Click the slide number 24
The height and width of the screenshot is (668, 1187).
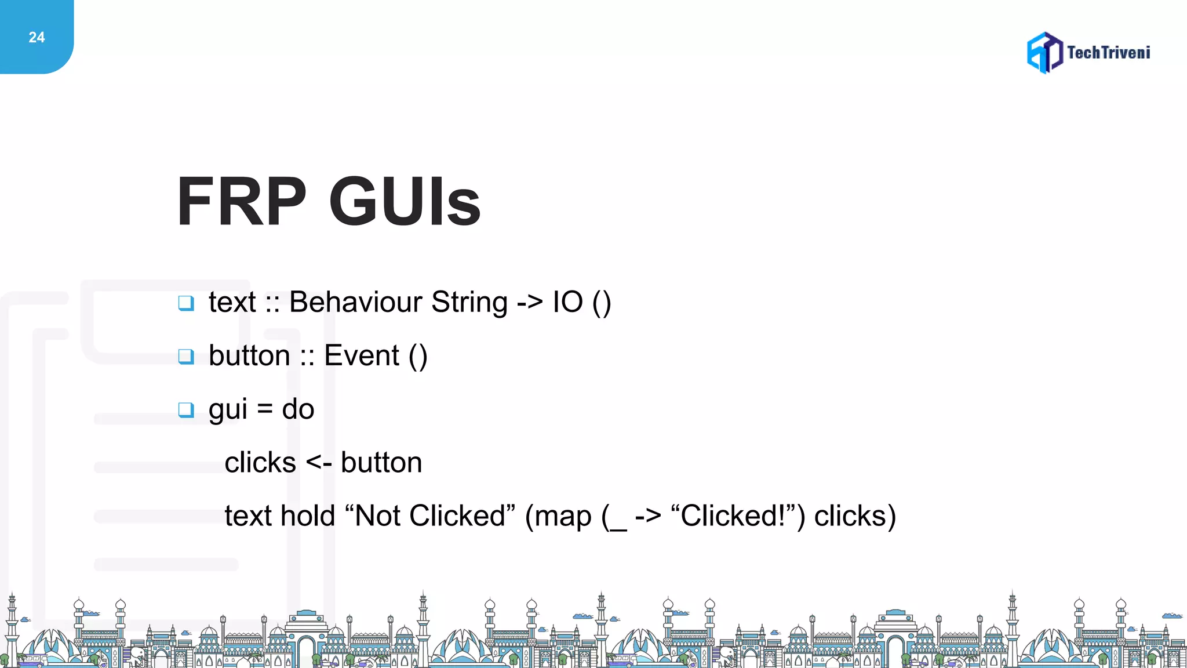pos(37,38)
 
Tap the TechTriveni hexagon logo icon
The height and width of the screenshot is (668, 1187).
pos(1044,53)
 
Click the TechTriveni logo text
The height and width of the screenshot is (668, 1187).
pos(1108,53)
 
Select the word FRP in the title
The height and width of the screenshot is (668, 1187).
pos(241,202)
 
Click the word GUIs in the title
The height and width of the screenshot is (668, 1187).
pos(405,202)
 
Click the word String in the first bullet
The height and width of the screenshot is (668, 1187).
pos(469,302)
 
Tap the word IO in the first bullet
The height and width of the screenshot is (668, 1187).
pos(567,302)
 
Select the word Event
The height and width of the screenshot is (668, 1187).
pos(362,355)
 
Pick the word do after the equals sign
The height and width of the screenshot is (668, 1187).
pos(298,409)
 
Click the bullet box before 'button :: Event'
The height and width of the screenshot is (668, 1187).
pos(186,356)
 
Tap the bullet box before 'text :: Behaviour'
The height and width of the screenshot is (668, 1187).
pos(186,303)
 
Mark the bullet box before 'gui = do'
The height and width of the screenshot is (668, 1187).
pos(186,410)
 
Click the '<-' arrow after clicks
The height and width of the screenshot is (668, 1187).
pos(318,463)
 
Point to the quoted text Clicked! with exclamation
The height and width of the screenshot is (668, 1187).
pos(732,515)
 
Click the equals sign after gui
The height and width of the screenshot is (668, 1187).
pos(265,409)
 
